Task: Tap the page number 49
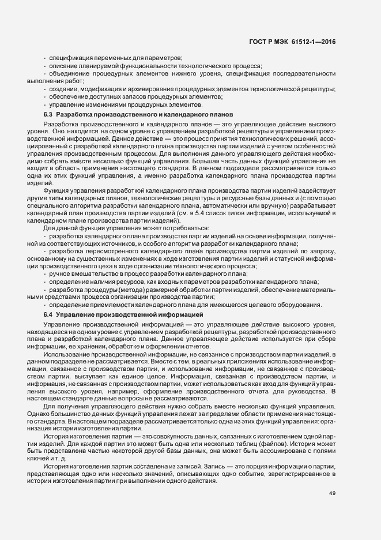(332, 492)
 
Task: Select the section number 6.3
(48, 115)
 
